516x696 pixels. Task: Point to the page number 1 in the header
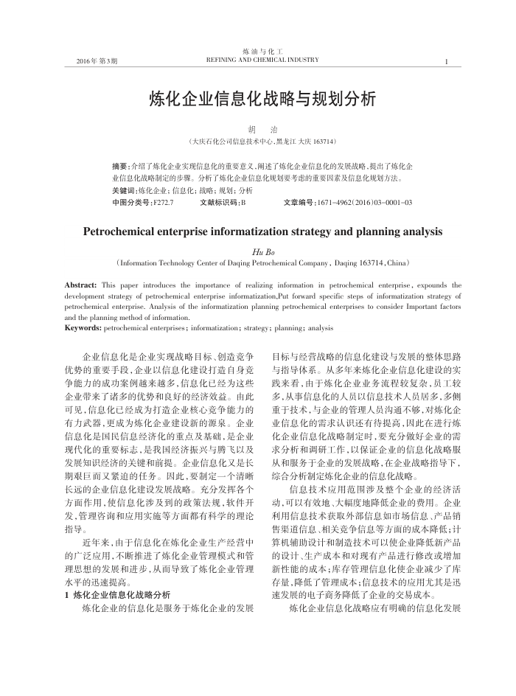447,60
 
